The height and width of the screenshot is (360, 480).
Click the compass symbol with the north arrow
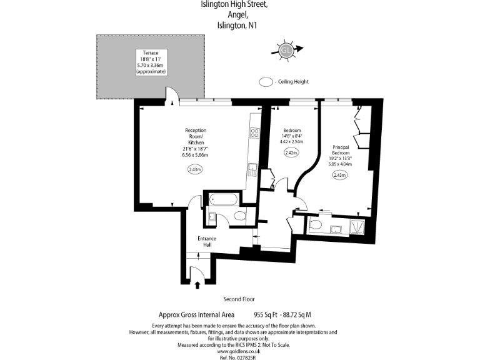click(286, 49)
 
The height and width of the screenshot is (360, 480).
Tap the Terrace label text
click(151, 53)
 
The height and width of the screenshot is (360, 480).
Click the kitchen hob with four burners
click(255, 132)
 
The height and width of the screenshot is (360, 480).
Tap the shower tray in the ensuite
click(359, 226)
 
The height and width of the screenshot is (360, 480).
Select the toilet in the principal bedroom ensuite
click(316, 225)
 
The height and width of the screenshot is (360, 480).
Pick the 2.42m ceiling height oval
click(291, 152)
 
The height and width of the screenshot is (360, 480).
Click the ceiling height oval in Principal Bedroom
click(340, 176)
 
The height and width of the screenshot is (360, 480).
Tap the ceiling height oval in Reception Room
click(195, 169)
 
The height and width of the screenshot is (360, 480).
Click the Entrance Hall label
click(207, 241)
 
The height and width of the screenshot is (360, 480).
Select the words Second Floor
click(239, 299)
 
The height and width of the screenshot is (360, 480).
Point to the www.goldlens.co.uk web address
click(240, 351)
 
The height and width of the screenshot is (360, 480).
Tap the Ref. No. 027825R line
click(240, 357)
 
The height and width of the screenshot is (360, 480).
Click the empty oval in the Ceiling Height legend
click(266, 82)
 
